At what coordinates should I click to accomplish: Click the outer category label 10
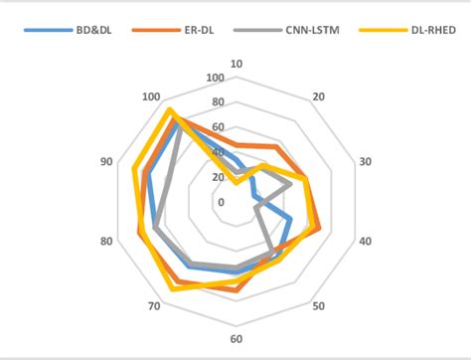coord(236,65)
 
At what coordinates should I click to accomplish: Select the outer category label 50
coord(318,305)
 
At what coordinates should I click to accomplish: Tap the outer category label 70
coord(154,305)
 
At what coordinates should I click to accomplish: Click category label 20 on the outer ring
coord(318,96)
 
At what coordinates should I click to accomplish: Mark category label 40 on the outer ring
coord(365,242)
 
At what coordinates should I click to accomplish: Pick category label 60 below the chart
coord(236,339)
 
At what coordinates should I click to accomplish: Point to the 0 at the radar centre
coord(221,202)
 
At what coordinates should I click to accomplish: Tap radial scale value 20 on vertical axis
coord(218,177)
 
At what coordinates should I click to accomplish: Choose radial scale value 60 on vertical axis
coord(218,127)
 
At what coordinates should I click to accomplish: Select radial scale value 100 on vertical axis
coord(215,78)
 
